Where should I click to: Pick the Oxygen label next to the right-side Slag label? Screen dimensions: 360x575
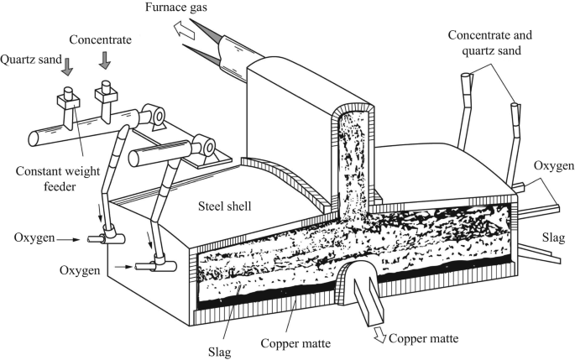click(554, 167)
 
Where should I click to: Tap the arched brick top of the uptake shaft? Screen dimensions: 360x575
click(350, 107)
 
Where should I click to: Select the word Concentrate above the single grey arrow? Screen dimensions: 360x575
click(100, 39)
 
